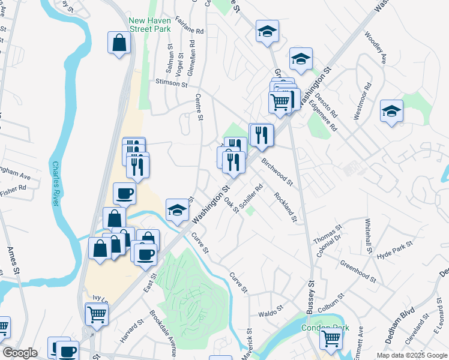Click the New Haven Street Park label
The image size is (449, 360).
[x=149, y=24]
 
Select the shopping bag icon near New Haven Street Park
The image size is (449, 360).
[x=119, y=43]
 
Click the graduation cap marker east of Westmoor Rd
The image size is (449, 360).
[x=391, y=111]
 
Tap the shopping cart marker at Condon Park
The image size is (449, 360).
[x=330, y=339]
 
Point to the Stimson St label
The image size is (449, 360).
[x=171, y=83]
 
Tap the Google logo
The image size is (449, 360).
[x=20, y=353]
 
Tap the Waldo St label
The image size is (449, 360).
[x=270, y=313]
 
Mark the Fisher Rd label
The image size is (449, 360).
[x=14, y=188]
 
